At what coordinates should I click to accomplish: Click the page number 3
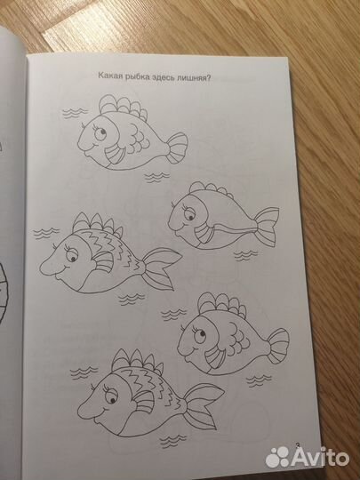[x=297, y=445]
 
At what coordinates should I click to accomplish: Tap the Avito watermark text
[x=320, y=458]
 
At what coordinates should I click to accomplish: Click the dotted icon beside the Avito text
[x=277, y=457]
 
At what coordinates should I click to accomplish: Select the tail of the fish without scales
[x=267, y=226]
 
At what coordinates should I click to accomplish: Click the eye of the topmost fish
[x=100, y=132]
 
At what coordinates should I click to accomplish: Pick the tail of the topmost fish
[x=177, y=148]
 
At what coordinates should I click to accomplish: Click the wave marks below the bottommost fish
[x=172, y=441]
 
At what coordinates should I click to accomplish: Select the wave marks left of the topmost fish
[x=75, y=113]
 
